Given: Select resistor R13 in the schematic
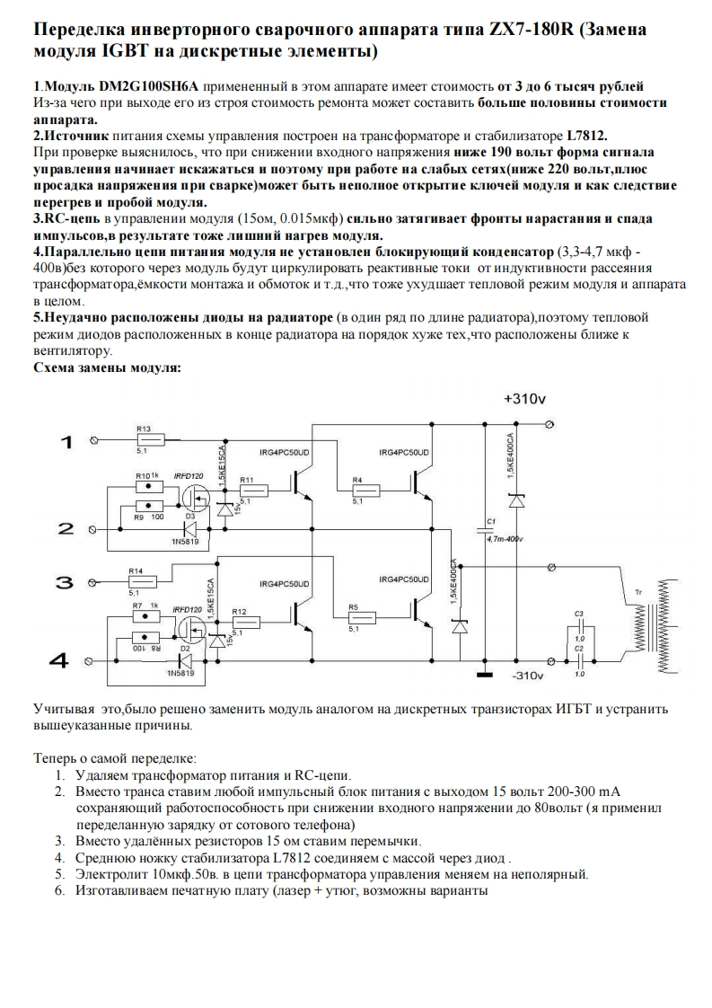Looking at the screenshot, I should (x=150, y=439).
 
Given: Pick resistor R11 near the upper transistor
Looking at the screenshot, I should (x=253, y=491).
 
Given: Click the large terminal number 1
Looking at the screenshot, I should (x=65, y=440).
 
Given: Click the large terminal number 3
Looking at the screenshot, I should (x=64, y=582).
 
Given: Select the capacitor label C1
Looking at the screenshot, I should (x=490, y=521).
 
